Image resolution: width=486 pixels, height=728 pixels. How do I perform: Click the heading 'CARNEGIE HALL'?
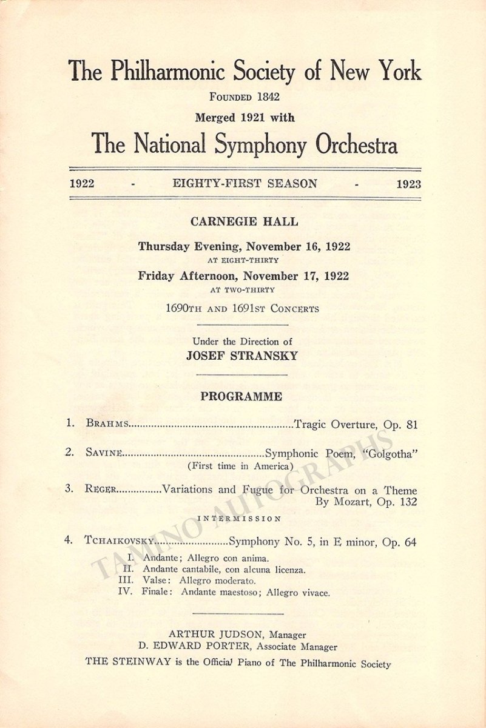(244, 221)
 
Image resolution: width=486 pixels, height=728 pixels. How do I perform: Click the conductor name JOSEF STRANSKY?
(243, 356)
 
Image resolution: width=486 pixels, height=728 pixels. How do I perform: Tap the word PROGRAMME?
(241, 397)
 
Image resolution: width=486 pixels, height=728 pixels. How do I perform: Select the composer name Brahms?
(107, 425)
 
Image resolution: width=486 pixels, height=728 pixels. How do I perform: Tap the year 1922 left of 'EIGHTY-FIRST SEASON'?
(82, 184)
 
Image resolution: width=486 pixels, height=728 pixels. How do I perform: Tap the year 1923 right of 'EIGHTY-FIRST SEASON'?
(408, 184)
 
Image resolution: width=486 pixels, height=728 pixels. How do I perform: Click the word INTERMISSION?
(239, 519)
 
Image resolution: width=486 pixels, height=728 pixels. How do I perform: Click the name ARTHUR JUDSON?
(212, 635)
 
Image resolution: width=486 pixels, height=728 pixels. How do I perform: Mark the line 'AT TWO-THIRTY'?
(242, 290)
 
